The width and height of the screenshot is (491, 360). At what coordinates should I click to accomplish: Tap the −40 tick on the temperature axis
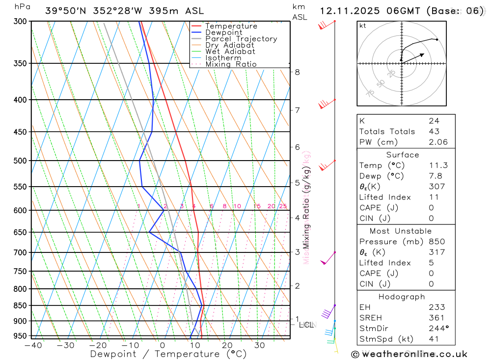pyautogui.click(x=33, y=345)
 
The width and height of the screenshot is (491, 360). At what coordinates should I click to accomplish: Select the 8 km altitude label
pyautogui.click(x=298, y=72)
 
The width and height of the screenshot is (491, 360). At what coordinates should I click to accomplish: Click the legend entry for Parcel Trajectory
pyautogui.click(x=241, y=39)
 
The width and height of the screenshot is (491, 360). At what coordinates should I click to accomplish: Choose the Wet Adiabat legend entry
pyautogui.click(x=230, y=52)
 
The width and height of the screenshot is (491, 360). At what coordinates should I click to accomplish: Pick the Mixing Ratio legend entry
pyautogui.click(x=231, y=64)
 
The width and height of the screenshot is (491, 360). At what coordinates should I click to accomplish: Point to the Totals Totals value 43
pyautogui.click(x=434, y=131)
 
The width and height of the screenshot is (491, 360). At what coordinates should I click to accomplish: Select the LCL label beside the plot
pyautogui.click(x=306, y=325)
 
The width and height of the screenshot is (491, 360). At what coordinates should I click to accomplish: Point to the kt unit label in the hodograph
pyautogui.click(x=363, y=26)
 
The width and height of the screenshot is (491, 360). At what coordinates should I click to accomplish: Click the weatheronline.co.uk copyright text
pyautogui.click(x=409, y=354)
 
